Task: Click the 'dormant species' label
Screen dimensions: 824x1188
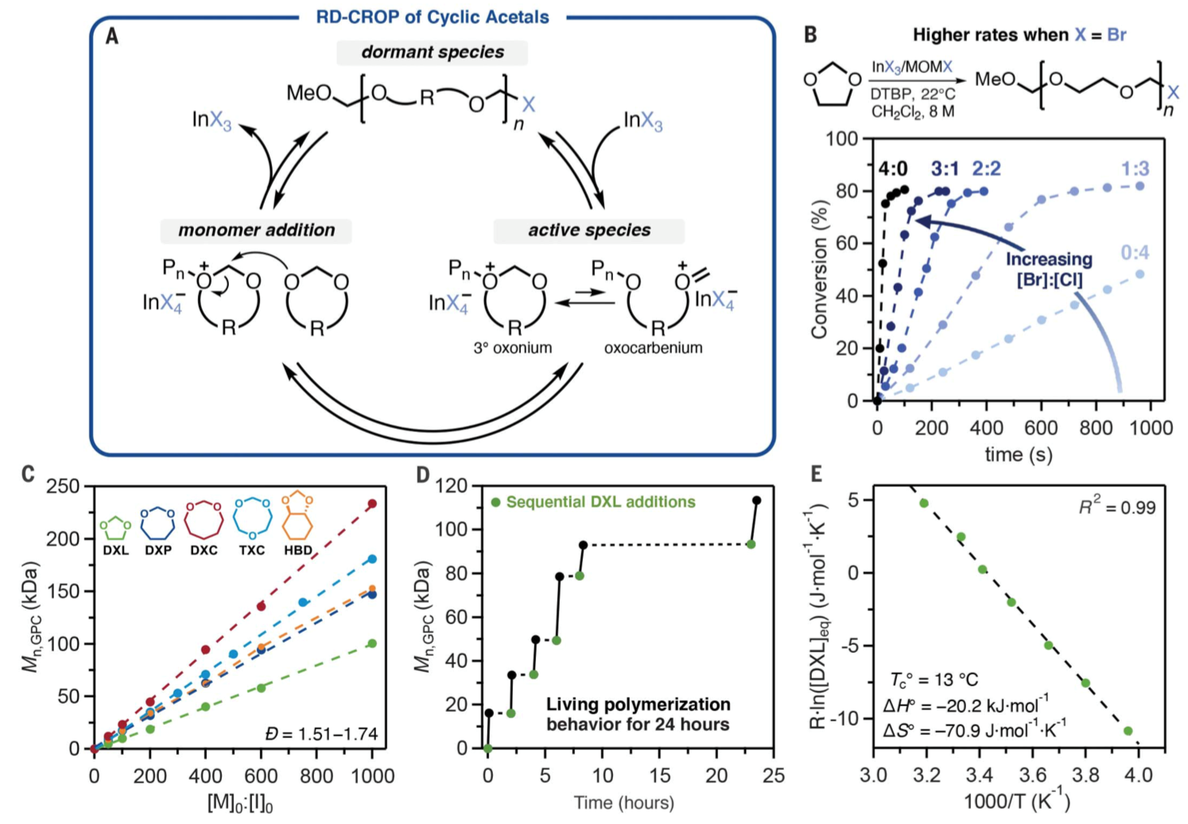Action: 432,52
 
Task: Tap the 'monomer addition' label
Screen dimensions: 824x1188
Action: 256,231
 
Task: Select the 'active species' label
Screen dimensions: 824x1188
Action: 589,231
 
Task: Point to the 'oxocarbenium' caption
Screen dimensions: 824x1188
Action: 653,348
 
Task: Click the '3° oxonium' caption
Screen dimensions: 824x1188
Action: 512,348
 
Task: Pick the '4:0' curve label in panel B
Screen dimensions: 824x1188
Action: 893,169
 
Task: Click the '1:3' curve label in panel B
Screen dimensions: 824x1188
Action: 1135,169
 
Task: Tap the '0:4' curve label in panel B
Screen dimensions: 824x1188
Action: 1135,253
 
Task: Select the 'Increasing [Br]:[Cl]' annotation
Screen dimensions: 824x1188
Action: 1049,270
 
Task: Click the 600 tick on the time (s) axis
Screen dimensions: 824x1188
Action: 1040,428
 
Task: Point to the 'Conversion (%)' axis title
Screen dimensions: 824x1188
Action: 820,269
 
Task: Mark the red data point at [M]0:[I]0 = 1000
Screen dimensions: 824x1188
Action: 371,504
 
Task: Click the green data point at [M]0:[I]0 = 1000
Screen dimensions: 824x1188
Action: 371,643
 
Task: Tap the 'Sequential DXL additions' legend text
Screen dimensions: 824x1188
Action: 600,503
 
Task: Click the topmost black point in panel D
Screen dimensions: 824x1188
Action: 756,500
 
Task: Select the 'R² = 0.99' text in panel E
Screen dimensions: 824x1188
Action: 1116,507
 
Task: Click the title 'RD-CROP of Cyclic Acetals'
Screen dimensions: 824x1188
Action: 433,17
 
